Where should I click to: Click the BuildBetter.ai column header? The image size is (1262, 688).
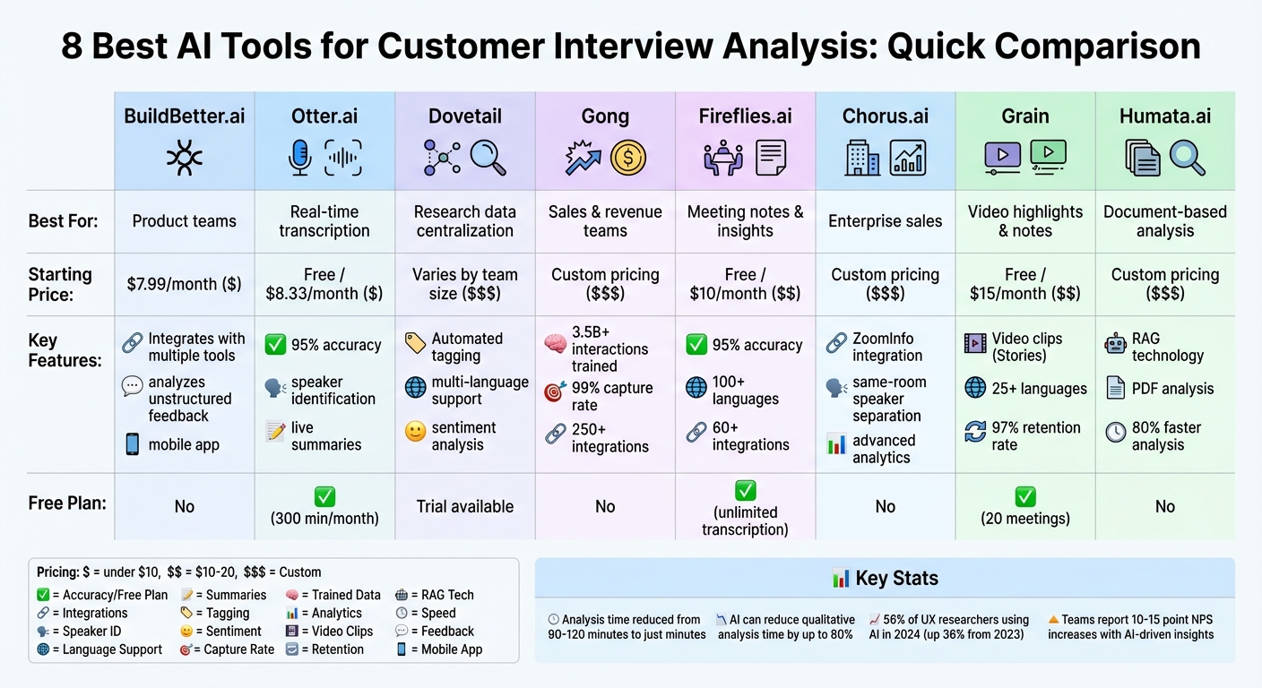pyautogui.click(x=184, y=116)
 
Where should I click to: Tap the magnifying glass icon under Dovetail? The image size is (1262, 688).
pyautogui.click(x=488, y=158)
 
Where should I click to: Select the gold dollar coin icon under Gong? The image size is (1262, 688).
pyautogui.click(x=627, y=158)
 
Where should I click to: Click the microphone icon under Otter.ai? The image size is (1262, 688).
pyautogui.click(x=299, y=158)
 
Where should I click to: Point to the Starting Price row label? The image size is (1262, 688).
pyautogui.click(x=60, y=283)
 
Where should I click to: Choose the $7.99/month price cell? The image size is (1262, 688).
pyautogui.click(x=184, y=284)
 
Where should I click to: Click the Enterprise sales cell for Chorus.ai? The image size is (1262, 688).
pyautogui.click(x=885, y=221)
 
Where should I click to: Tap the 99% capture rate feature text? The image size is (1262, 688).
pyautogui.click(x=612, y=397)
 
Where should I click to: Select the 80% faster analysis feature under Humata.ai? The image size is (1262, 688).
pyautogui.click(x=1165, y=435)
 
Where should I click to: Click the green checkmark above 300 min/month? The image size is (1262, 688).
pyautogui.click(x=324, y=495)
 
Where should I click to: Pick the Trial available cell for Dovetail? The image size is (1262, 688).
pyautogui.click(x=464, y=506)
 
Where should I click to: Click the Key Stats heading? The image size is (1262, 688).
pyautogui.click(x=885, y=578)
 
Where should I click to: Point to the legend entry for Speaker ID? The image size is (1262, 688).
pyautogui.click(x=91, y=631)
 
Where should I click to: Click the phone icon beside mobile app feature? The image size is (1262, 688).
pyautogui.click(x=132, y=444)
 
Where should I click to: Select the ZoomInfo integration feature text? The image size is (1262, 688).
pyautogui.click(x=887, y=347)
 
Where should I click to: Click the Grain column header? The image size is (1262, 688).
pyautogui.click(x=1024, y=116)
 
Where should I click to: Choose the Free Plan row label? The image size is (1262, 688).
pyautogui.click(x=67, y=503)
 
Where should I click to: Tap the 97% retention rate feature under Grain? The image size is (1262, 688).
pyautogui.click(x=1035, y=435)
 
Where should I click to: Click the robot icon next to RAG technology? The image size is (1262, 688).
pyautogui.click(x=1115, y=344)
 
